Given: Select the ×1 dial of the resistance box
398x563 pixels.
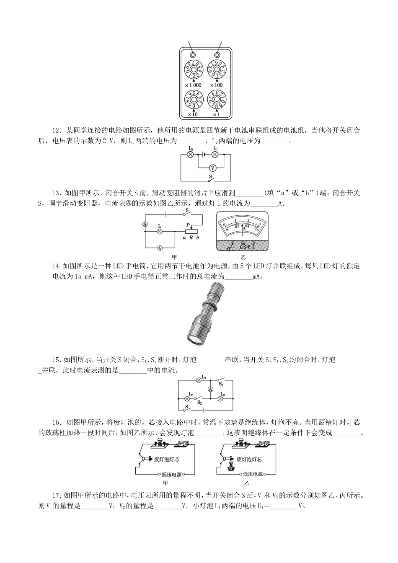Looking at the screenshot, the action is click(217, 99).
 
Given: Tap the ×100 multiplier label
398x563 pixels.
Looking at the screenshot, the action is click(217, 85).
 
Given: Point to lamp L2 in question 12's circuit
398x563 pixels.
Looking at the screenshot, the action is click(191, 155).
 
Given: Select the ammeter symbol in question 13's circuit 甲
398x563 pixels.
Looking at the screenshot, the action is click(145, 224).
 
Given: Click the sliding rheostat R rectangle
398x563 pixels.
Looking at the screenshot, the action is click(191, 232).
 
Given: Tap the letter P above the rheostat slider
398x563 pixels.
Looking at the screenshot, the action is click(188, 225).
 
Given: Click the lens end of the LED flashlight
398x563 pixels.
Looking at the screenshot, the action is click(194, 340).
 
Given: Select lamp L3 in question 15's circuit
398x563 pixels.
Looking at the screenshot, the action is click(221, 399).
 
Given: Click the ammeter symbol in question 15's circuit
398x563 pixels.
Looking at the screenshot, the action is click(210, 389).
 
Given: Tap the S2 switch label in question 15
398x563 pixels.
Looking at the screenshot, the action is click(200, 403).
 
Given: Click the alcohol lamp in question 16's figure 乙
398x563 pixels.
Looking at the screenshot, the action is click(230, 467).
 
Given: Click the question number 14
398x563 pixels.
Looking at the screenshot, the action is click(56, 266).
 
